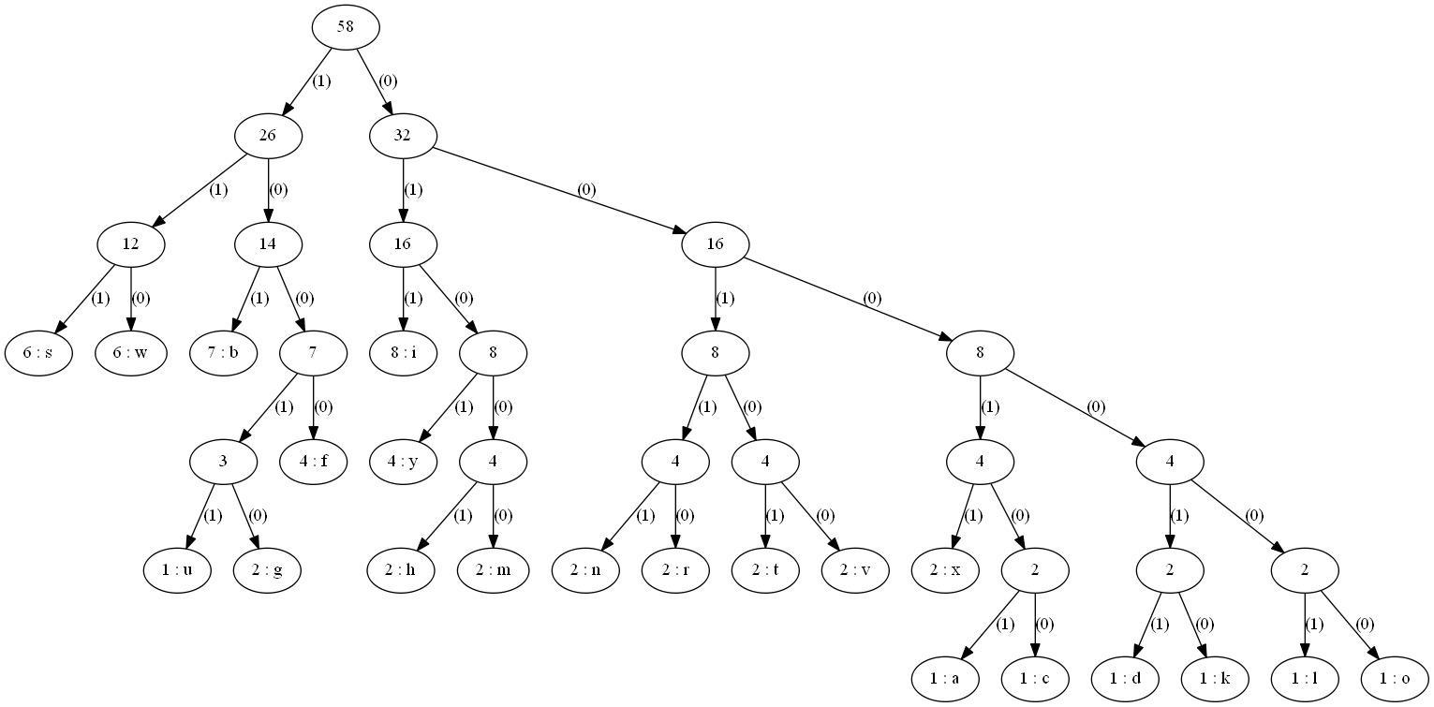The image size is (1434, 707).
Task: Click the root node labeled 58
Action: [346, 27]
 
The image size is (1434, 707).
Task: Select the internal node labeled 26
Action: [268, 136]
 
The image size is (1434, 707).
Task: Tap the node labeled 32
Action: [403, 136]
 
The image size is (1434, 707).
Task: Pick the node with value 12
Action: [131, 244]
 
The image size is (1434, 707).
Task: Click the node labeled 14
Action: [268, 244]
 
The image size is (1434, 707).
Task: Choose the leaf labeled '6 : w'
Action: [131, 353]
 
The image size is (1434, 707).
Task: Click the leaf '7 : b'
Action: [223, 353]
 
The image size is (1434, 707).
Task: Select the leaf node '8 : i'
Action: [403, 353]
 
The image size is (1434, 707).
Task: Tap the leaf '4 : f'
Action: [313, 462]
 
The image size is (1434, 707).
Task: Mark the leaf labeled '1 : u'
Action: [178, 570]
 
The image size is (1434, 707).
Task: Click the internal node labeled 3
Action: [223, 462]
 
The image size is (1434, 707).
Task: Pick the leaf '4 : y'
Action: [403, 462]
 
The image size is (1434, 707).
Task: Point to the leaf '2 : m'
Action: [493, 570]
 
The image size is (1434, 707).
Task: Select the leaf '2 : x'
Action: [946, 570]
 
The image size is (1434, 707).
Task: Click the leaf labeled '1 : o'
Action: [1396, 679]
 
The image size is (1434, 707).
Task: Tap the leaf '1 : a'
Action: [946, 679]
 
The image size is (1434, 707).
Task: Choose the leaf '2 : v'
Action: [856, 570]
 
